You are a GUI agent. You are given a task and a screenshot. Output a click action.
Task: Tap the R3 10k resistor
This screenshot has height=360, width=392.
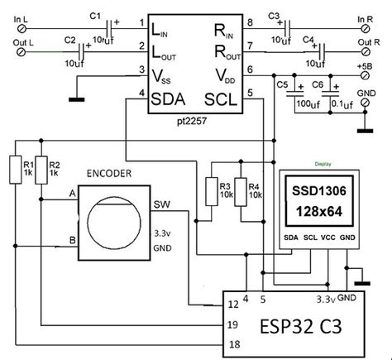(x=211, y=190)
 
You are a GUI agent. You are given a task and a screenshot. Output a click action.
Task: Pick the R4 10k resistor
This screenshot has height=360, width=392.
(x=240, y=190)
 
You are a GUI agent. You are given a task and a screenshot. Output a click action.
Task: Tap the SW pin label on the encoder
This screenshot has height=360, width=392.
(x=161, y=207)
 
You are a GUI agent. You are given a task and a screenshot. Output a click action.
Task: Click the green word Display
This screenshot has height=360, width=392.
(x=313, y=164)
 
